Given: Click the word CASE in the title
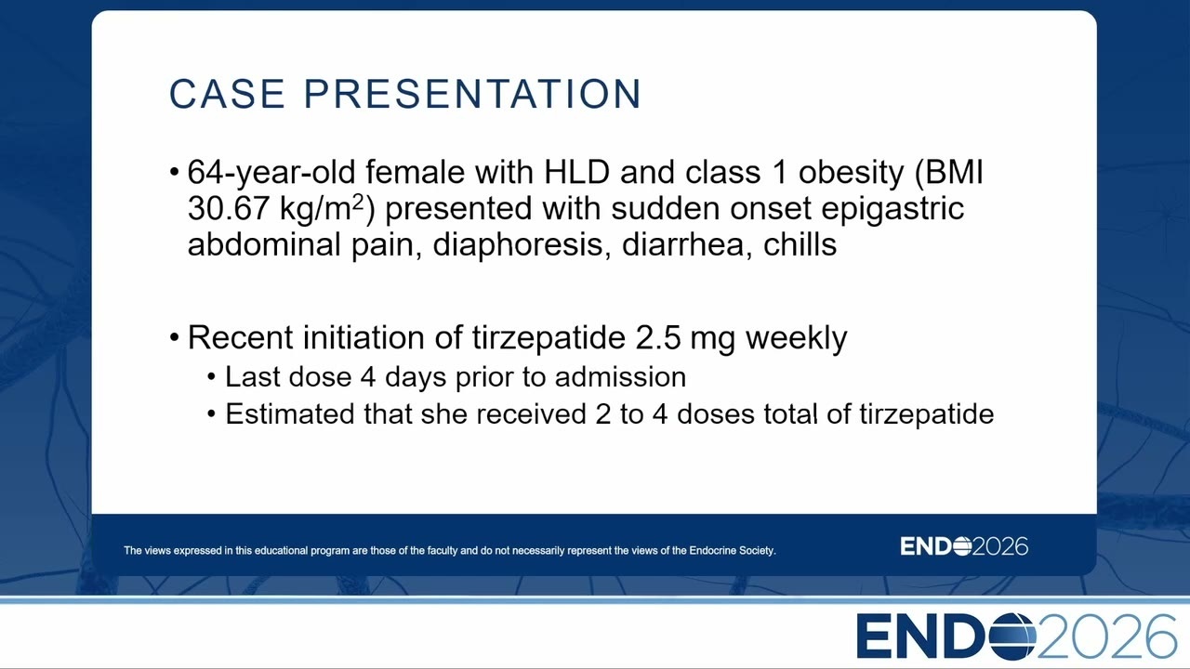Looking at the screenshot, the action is tap(227, 94).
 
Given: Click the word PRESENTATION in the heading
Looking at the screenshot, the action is tap(473, 94).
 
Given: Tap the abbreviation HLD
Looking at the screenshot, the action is tap(576, 172).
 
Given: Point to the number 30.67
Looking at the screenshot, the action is tap(229, 208).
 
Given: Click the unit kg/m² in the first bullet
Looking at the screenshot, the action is tap(322, 208).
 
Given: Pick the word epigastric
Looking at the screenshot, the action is tap(892, 209).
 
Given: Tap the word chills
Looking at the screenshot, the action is tap(800, 244).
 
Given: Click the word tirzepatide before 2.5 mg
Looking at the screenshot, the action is tap(549, 338).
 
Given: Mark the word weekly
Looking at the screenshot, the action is tap(797, 338).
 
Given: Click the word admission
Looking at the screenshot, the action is tap(620, 377).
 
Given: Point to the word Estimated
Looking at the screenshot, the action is tap(289, 414).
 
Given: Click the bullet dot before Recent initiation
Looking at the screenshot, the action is tap(175, 337).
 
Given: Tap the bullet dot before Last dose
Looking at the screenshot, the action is tap(212, 377).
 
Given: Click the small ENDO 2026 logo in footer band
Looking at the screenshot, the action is tap(964, 546).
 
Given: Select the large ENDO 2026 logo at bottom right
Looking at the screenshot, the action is tap(1017, 636).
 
